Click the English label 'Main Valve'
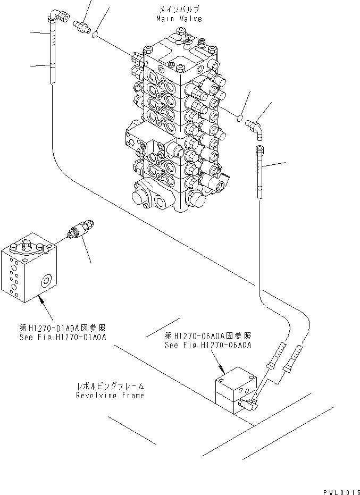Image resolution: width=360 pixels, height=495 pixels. (179, 19)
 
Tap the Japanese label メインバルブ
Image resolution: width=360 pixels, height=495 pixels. (179, 10)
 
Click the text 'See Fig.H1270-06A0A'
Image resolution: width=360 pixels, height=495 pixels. (207, 345)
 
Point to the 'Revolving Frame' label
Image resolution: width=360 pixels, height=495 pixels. (110, 395)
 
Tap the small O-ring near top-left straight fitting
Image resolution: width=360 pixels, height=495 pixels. (94, 35)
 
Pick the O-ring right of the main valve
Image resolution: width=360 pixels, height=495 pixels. (240, 118)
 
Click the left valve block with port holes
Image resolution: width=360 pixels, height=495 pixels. (29, 269)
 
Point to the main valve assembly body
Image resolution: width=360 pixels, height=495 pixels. (175, 122)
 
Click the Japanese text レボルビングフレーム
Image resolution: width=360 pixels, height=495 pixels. (110, 386)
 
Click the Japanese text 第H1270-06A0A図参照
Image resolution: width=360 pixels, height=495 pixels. (207, 336)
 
